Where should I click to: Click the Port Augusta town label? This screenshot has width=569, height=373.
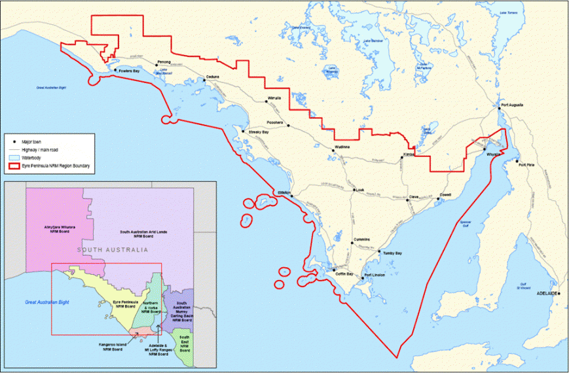click(x=513, y=105)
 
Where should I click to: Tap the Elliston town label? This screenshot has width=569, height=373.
click(x=284, y=192)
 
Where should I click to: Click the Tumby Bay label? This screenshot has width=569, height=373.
click(x=391, y=253)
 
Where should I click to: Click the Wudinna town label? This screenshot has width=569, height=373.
click(x=342, y=147)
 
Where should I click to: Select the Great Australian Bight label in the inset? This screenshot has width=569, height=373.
click(x=46, y=302)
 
